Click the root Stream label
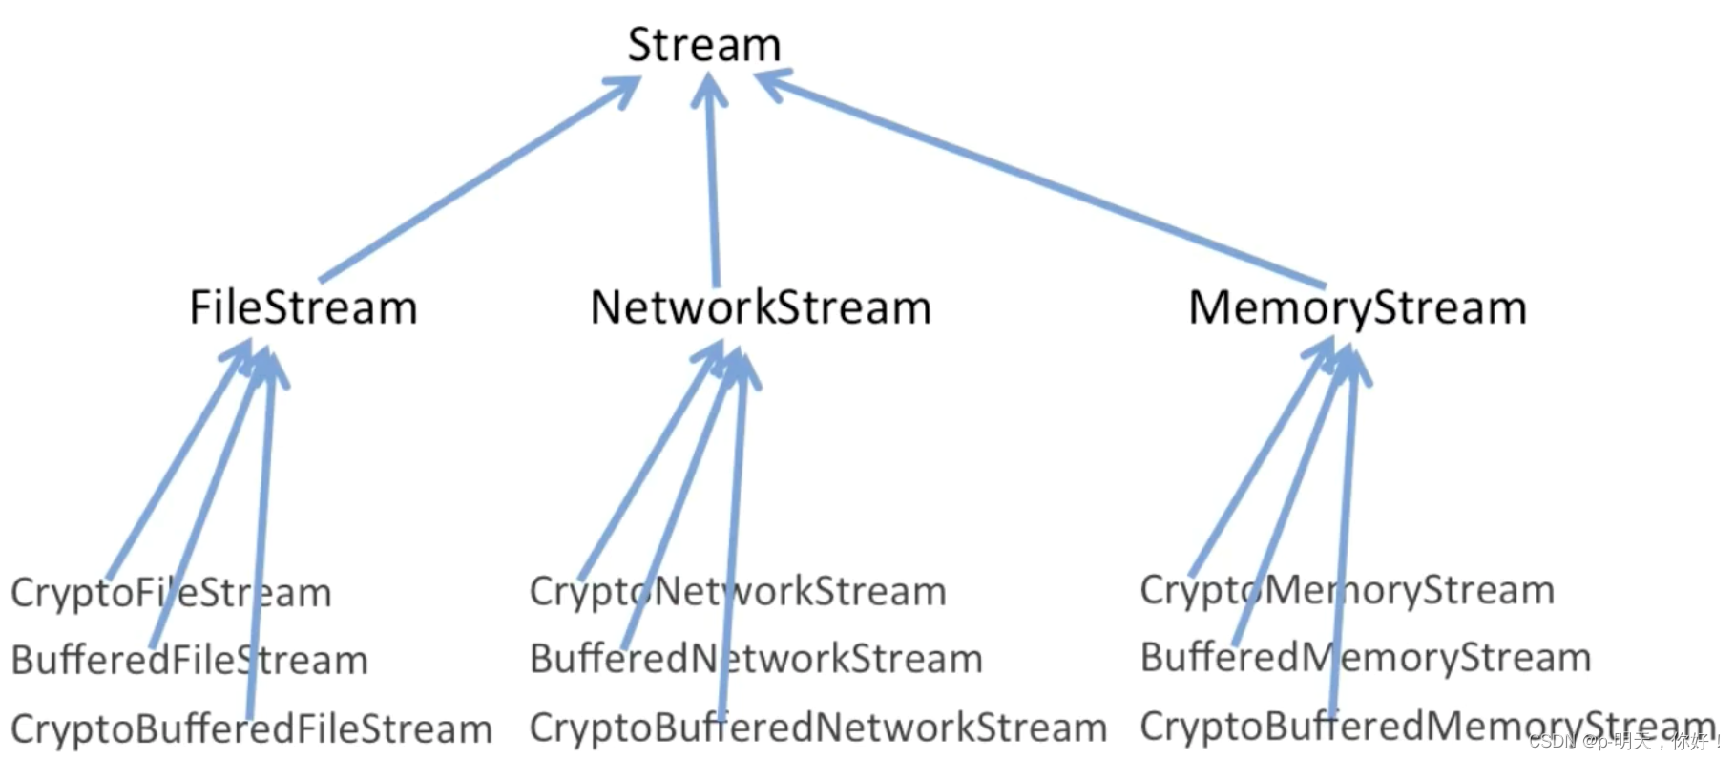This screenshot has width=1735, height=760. (704, 45)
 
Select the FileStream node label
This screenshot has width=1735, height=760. (303, 307)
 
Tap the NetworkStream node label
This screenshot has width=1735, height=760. (761, 307)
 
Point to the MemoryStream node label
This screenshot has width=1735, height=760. (1357, 307)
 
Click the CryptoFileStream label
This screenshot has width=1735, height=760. (171, 593)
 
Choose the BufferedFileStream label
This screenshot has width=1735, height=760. (189, 660)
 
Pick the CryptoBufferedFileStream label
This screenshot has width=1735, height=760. (251, 729)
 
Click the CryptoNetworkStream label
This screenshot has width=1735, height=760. (738, 591)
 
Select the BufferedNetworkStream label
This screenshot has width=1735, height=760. (756, 659)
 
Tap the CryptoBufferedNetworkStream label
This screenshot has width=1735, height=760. (818, 728)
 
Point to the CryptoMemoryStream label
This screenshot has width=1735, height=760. (1347, 589)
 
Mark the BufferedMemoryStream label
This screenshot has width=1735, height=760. (1365, 657)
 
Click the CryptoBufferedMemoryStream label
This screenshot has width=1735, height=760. (1427, 726)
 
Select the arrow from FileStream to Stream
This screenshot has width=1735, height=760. (477, 181)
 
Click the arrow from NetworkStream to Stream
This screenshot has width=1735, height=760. (712, 181)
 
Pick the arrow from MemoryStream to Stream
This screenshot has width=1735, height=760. (1040, 181)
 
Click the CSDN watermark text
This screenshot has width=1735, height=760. (1622, 741)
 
